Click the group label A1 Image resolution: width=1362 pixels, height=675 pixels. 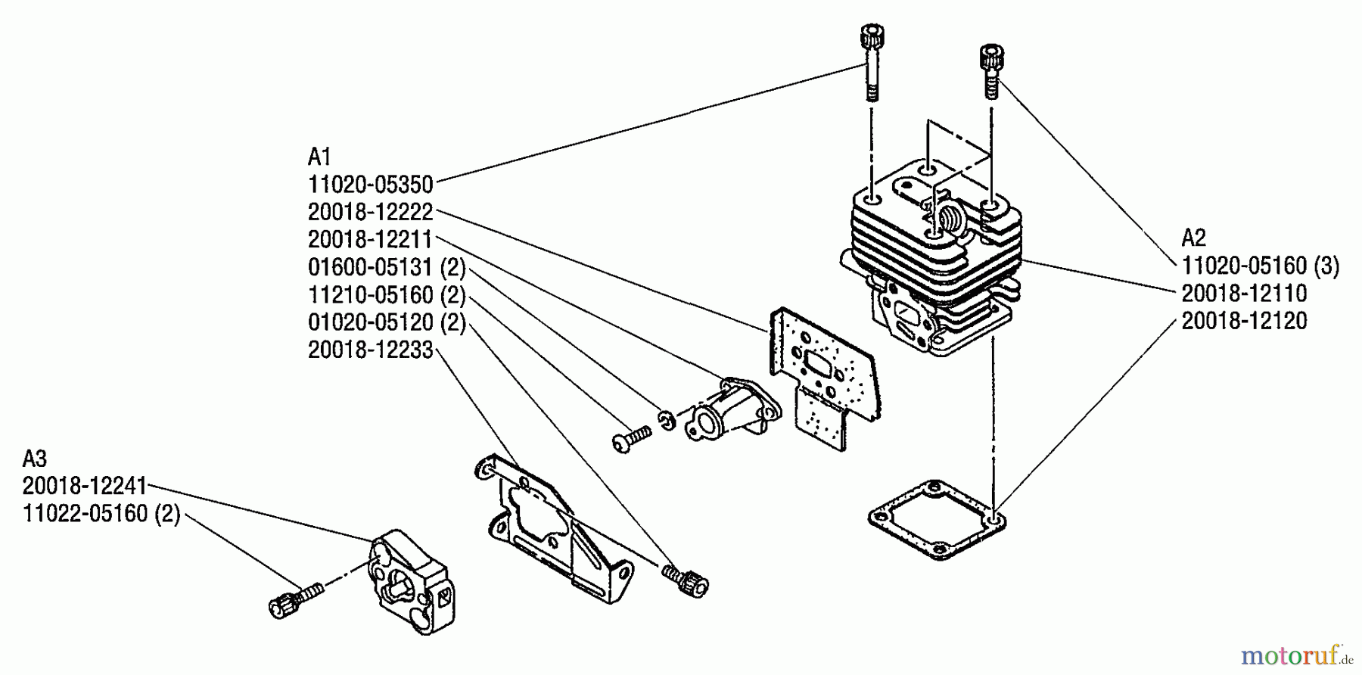pyautogui.click(x=319, y=157)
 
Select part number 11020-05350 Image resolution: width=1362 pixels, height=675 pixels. pyautogui.click(x=371, y=184)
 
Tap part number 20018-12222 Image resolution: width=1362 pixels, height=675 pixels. pyautogui.click(x=371, y=212)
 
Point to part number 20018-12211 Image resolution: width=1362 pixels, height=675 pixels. pyautogui.click(x=370, y=239)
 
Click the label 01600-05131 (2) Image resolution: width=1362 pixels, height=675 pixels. pyautogui.click(x=387, y=267)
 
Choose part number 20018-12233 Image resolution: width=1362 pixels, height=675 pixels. pyautogui.click(x=371, y=350)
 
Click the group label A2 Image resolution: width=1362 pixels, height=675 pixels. pyautogui.click(x=1193, y=238)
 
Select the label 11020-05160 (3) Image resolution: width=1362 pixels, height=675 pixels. pyautogui.click(x=1261, y=266)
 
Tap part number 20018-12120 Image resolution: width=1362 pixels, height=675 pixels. pyautogui.click(x=1245, y=321)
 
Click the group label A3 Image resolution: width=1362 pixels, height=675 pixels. pyautogui.click(x=35, y=459)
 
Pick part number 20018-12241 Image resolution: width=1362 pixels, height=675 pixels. pyautogui.click(x=85, y=486)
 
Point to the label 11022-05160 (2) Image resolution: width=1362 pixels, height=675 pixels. pyautogui.click(x=101, y=514)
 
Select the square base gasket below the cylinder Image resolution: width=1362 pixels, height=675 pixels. pyautogui.click(x=938, y=520)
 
